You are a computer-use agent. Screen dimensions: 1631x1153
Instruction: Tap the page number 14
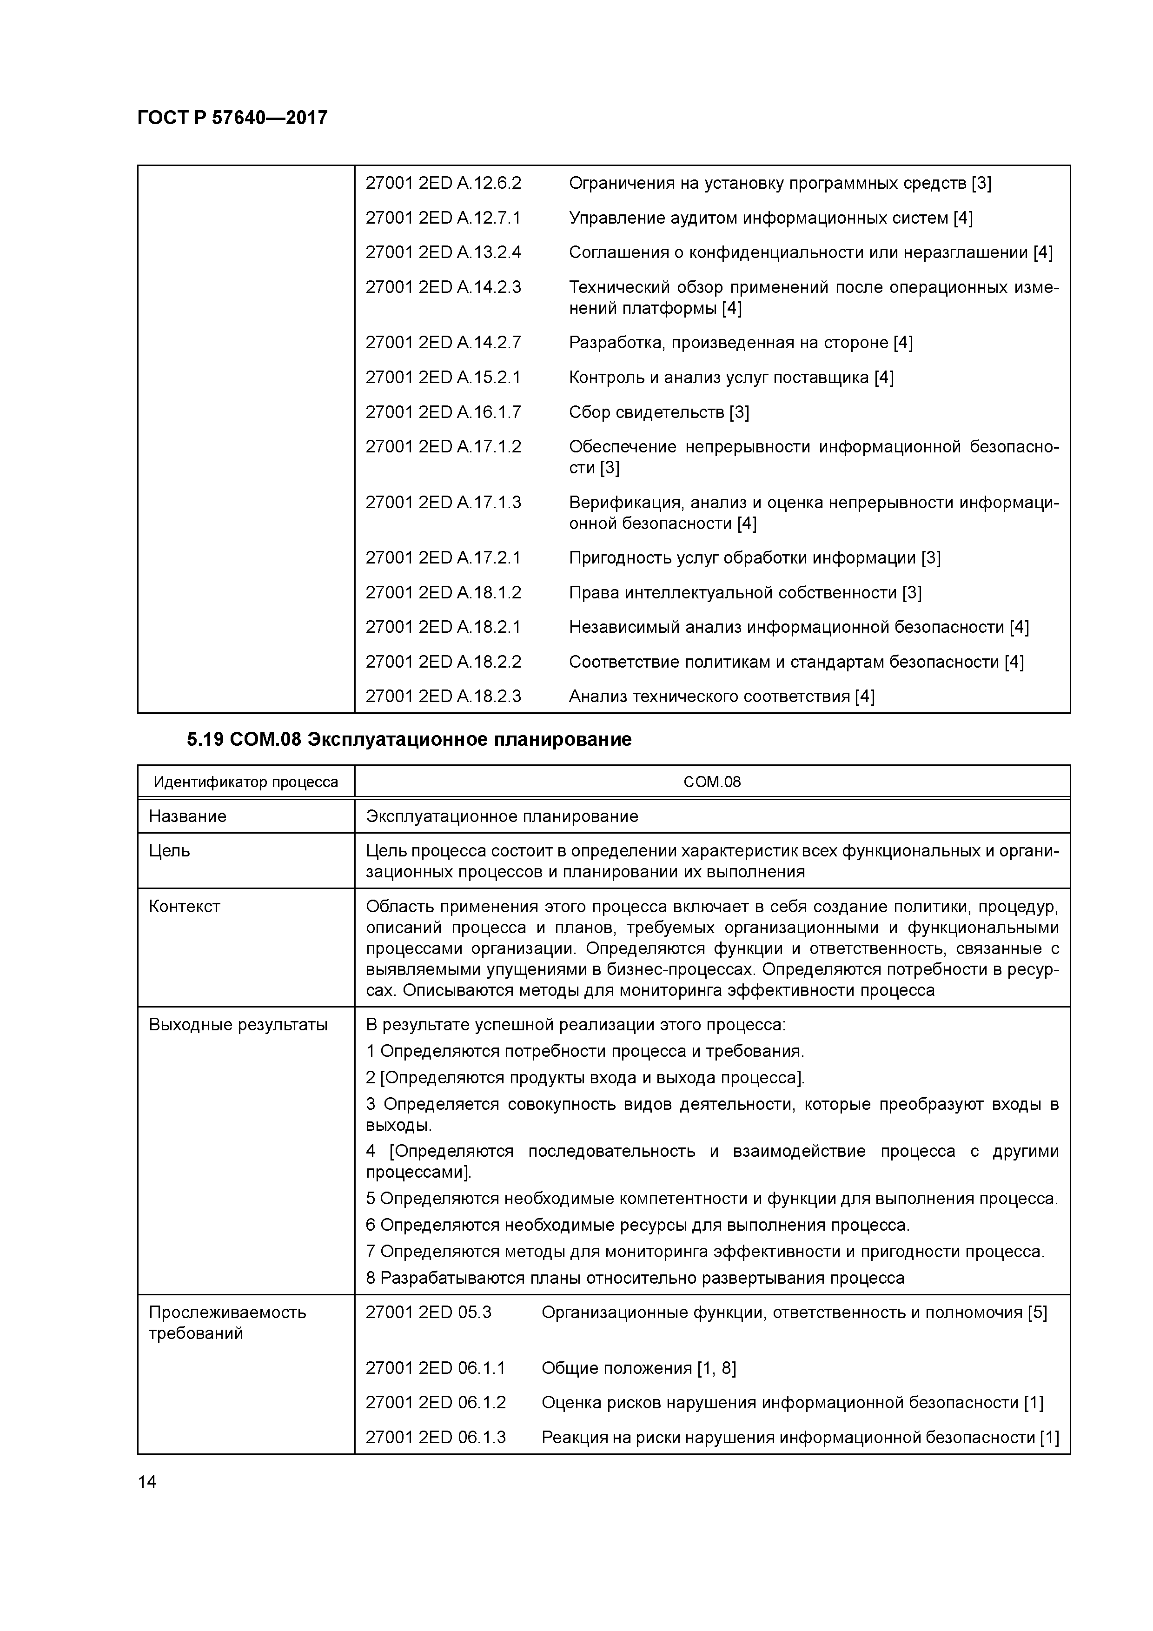[x=147, y=1482]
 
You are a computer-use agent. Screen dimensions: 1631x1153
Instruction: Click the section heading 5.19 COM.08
[x=409, y=740]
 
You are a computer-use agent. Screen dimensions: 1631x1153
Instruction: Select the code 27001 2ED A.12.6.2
[x=443, y=183]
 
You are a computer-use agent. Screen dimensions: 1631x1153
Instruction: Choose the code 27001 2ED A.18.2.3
[x=443, y=696]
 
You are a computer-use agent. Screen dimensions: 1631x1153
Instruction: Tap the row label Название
[x=187, y=816]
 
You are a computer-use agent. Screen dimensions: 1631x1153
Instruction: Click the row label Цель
[x=169, y=851]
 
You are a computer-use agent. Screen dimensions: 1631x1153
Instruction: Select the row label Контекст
[x=185, y=907]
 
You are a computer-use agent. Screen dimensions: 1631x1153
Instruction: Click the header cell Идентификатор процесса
[x=246, y=782]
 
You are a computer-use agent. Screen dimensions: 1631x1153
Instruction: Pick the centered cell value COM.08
[x=712, y=782]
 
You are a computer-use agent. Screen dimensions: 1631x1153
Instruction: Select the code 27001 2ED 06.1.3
[x=436, y=1438]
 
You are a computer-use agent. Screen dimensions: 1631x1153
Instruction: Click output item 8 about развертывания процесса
[x=635, y=1279]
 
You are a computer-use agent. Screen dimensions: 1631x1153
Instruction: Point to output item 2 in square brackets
[x=585, y=1078]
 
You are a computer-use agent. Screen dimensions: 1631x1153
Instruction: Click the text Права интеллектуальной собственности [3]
[x=744, y=592]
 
